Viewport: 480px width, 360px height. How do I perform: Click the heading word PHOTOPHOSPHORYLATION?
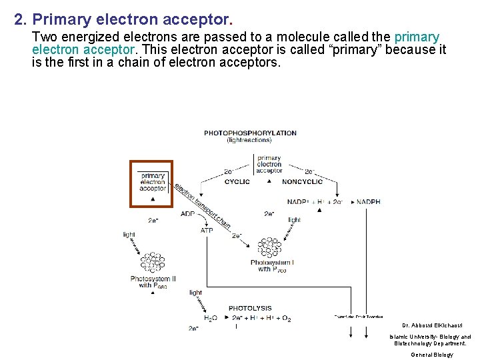coord(250,133)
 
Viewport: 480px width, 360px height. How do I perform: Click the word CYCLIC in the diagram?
coord(237,181)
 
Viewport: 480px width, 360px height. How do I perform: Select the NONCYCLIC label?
coord(302,181)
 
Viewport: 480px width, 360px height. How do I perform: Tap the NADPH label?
coord(368,202)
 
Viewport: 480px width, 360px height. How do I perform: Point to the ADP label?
coord(187,214)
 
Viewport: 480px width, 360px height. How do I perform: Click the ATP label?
coord(207,230)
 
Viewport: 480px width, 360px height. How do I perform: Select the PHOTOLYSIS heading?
coord(250,309)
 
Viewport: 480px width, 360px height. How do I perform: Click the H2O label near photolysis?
coord(209,319)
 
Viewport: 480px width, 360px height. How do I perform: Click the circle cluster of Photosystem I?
coord(270,248)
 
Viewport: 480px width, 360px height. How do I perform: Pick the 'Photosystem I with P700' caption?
coord(272,266)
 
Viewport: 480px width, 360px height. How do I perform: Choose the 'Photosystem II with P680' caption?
coord(153,282)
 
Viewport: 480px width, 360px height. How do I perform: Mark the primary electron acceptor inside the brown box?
coord(153,182)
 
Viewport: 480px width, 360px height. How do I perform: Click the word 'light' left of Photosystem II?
coord(129,234)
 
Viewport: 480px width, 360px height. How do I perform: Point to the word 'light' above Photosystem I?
coord(294,219)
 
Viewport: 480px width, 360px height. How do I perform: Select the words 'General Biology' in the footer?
coord(431,355)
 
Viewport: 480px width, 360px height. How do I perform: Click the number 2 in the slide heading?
coord(19,20)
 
